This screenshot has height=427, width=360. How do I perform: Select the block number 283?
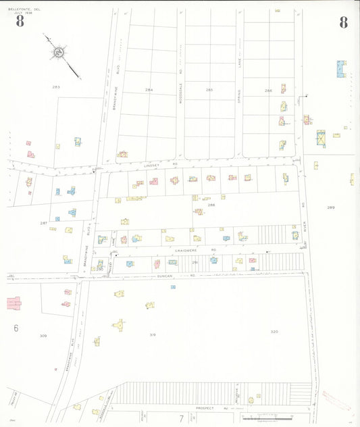coord(56,87)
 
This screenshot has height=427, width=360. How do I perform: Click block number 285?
coord(209,90)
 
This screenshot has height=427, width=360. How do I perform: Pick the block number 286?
coord(268,90)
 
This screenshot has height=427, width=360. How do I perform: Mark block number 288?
coord(211,205)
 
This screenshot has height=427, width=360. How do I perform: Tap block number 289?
coord(330,207)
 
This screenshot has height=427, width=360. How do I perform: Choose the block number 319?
coord(153,334)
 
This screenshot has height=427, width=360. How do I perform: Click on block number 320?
coord(274,332)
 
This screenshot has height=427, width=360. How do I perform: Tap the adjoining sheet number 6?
coord(16,328)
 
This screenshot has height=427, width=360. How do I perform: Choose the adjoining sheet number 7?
coord(180,418)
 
